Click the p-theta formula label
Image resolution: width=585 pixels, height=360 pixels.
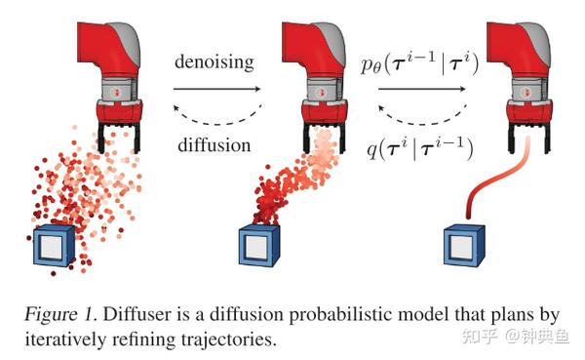[426, 64]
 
